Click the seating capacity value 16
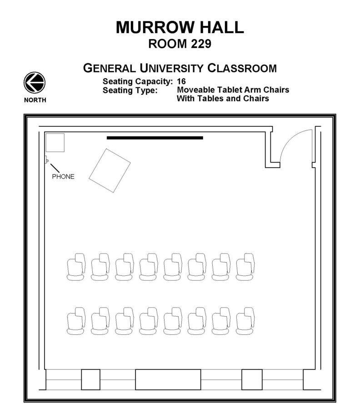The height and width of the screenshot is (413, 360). [181, 82]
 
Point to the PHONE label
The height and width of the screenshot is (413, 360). [63, 176]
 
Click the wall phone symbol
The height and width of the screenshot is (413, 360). [46, 160]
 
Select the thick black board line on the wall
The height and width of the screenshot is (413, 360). [155, 137]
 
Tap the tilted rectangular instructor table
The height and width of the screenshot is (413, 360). [110, 170]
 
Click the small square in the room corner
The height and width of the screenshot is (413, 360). [55, 143]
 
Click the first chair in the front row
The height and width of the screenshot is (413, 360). [76, 267]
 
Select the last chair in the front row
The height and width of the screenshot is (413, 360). [245, 267]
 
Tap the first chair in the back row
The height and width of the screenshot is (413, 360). [76, 321]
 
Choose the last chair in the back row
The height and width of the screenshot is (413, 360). [245, 321]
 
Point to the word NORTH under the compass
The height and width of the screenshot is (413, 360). [35, 100]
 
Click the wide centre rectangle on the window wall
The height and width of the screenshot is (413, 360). [168, 380]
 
